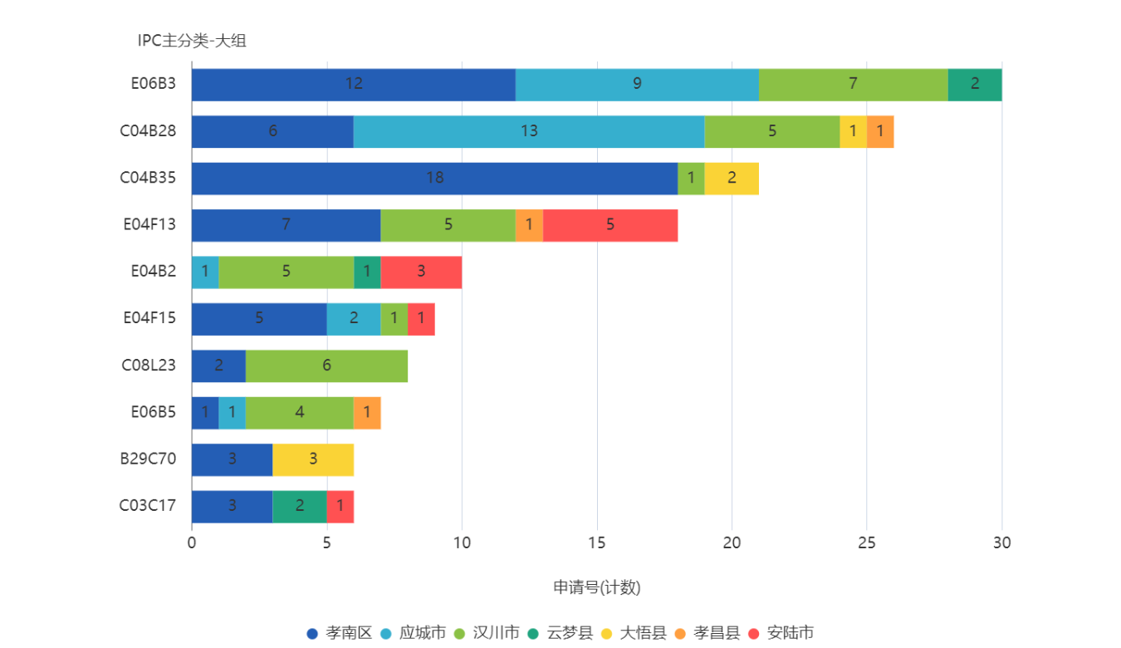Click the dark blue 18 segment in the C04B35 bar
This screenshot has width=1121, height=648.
434,179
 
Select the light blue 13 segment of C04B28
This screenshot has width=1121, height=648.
529,131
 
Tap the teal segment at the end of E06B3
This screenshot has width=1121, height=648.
975,84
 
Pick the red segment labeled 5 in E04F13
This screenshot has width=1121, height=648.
610,225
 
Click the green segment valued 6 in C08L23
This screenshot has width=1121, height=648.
327,366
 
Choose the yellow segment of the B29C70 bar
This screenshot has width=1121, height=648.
313,459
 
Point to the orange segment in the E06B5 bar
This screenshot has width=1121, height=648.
367,413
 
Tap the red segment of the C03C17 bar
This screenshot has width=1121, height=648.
340,506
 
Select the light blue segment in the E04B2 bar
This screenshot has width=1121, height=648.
205,272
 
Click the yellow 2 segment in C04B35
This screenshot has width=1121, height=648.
732,179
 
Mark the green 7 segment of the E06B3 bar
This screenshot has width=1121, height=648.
853,84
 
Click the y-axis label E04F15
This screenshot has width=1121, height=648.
149,317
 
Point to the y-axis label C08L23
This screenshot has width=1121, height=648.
149,365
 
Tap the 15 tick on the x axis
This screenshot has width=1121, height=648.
597,543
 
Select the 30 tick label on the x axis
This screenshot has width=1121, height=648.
1001,543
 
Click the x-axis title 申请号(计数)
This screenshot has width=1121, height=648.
597,588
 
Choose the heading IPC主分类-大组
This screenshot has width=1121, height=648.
192,41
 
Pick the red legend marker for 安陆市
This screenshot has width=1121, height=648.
754,633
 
